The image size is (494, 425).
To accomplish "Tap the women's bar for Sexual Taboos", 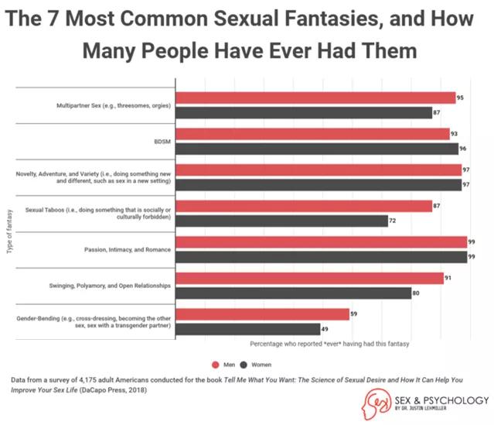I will [281, 221].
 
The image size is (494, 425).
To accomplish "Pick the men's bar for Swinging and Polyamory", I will [309, 278].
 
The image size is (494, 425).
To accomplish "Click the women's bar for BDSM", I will [317, 149].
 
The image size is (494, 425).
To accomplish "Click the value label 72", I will [393, 221].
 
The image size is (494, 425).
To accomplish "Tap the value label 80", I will [417, 293].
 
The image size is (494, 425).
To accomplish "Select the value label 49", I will [325, 329].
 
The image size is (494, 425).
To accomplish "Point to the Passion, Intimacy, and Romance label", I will [127, 249].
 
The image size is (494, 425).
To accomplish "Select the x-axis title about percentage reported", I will [329, 343].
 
